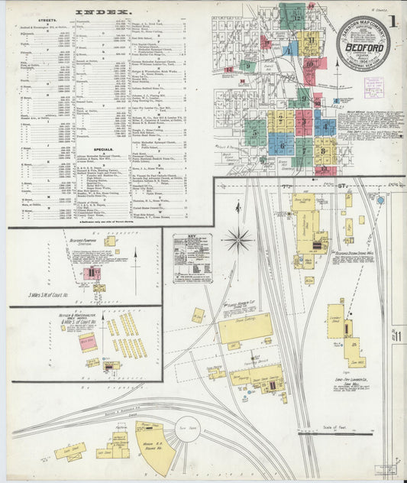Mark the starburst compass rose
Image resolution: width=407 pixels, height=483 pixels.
pyautogui.click(x=238, y=240)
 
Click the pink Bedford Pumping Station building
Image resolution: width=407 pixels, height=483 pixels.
pyautogui.click(x=92, y=272)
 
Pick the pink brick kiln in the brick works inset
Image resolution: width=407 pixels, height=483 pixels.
pyautogui.click(x=87, y=342)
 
